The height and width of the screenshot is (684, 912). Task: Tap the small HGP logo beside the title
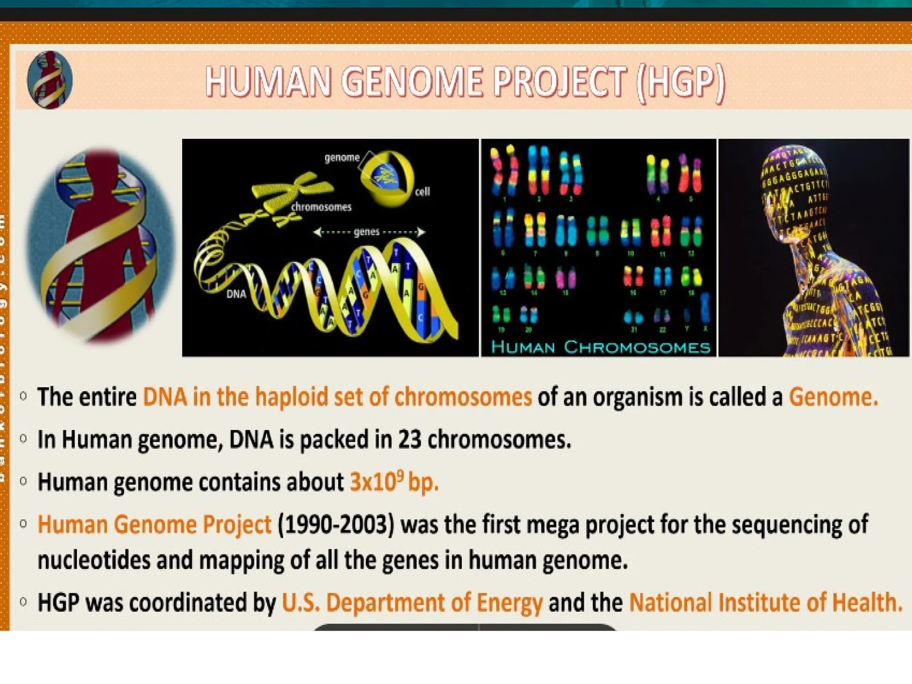49,80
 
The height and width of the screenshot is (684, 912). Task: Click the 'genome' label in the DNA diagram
342,158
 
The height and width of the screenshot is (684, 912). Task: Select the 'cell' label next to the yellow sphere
422,191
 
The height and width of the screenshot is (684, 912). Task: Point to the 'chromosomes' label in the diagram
321,207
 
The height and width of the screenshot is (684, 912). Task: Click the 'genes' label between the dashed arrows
366,232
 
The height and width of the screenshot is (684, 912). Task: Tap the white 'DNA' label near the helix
236,294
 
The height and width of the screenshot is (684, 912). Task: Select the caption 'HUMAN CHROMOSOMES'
600,347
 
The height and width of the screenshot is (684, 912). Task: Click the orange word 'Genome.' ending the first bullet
833,397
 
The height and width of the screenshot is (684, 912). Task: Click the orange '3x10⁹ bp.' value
394,482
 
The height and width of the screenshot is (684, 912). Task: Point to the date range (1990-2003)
336,525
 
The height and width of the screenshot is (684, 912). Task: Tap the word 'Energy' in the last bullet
509,603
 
